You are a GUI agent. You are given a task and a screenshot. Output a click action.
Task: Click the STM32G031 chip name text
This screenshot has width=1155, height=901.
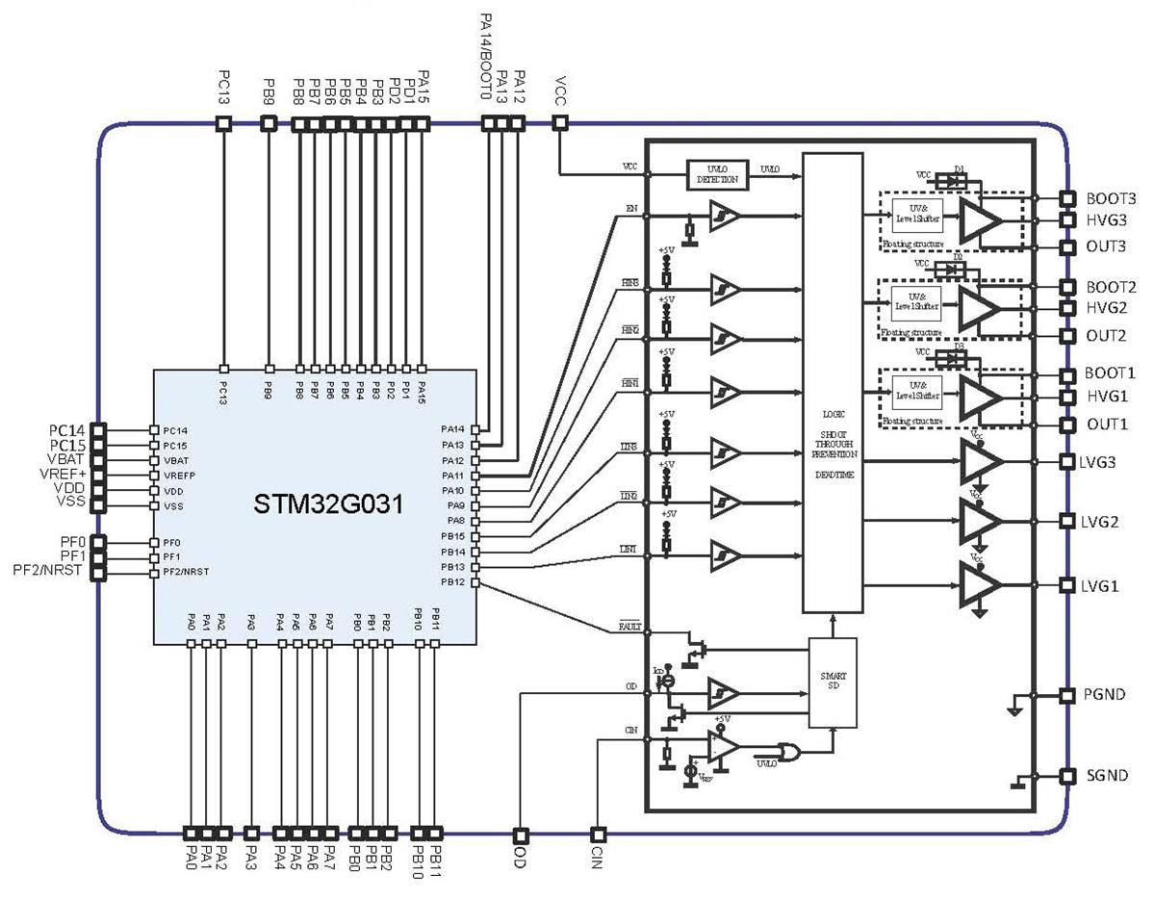click(x=316, y=505)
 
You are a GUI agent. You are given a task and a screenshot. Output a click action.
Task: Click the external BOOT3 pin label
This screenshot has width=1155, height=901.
click(x=1111, y=198)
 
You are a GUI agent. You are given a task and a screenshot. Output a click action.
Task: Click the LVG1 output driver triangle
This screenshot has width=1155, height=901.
click(x=981, y=586)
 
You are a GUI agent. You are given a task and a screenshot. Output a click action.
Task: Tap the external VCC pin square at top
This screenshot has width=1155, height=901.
click(x=560, y=123)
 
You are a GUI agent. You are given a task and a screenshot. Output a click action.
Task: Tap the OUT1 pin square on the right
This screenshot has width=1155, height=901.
click(x=1066, y=425)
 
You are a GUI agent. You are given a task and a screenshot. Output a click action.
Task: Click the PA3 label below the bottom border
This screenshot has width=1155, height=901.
click(x=251, y=854)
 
